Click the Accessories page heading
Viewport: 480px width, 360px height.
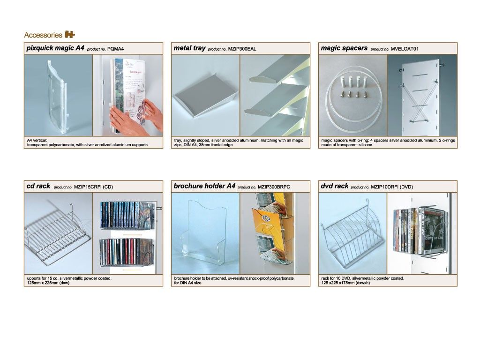[43, 35]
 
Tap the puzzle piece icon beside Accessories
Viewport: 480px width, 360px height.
[70, 35]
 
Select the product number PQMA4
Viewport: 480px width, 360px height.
[115, 49]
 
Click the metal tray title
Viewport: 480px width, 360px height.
[189, 48]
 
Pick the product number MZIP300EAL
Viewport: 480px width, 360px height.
[242, 49]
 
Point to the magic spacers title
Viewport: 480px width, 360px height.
[344, 48]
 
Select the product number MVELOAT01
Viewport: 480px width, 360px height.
[405, 49]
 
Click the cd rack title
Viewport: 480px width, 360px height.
[38, 186]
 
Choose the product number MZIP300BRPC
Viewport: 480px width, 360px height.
[274, 187]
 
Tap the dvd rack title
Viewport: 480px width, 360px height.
[334, 186]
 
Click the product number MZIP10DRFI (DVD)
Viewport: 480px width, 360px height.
[392, 187]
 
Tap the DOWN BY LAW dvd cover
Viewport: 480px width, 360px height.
[432, 230]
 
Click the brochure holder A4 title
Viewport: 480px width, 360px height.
[204, 186]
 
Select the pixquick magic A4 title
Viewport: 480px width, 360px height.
[55, 48]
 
